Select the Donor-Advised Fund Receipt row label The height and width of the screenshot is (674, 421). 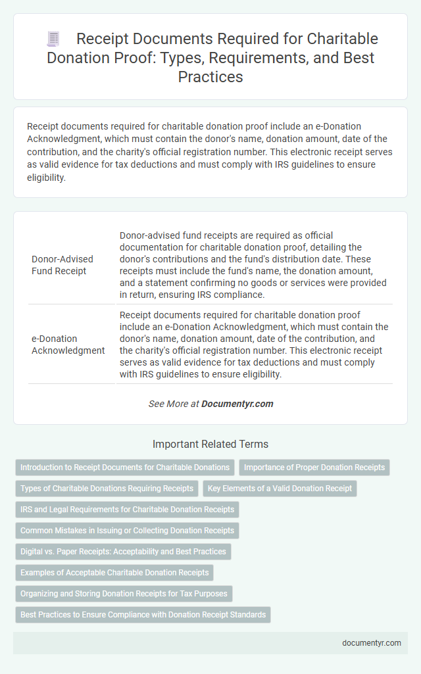click(62, 264)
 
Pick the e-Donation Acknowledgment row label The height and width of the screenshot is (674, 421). click(68, 345)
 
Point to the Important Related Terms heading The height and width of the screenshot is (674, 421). click(210, 444)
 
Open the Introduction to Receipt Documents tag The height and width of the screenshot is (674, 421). click(125, 468)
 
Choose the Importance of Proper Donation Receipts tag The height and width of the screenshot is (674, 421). click(314, 468)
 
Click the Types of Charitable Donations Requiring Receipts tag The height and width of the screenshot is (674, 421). click(107, 489)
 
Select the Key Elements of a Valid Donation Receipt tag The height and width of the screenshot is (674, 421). click(279, 489)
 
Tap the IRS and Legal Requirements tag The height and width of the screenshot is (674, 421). click(127, 510)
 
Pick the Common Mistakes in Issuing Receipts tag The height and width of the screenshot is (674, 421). click(127, 531)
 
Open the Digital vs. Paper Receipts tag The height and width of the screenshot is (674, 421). click(123, 552)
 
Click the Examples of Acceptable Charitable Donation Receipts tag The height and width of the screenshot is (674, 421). click(114, 573)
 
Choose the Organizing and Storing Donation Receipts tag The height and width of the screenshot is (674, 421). click(124, 594)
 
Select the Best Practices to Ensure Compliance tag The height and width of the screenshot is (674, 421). click(143, 615)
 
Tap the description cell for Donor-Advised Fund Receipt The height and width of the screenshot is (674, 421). click(254, 264)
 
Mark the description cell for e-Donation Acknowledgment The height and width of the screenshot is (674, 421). click(254, 345)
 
